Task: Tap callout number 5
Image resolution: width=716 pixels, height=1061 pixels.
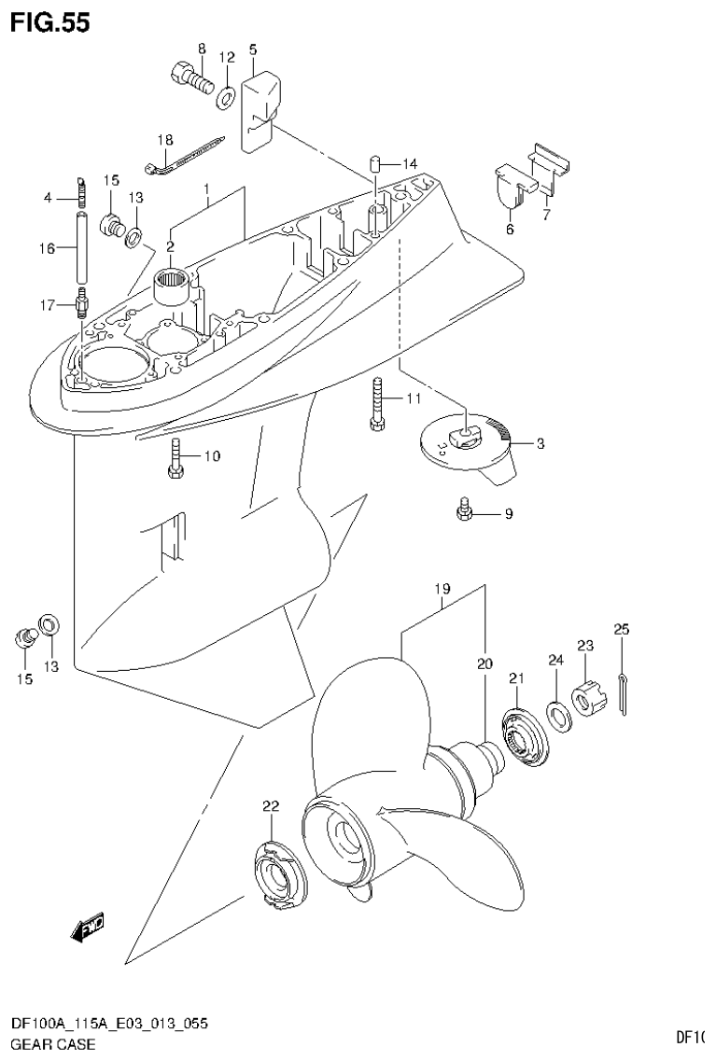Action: point(253,49)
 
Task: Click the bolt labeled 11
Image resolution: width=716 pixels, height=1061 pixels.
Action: point(376,402)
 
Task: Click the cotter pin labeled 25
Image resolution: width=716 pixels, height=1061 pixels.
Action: point(623,694)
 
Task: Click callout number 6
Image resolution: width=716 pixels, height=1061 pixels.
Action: point(509,230)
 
